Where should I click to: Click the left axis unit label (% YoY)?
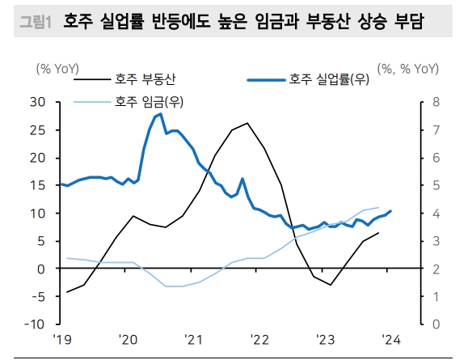pos(59,68)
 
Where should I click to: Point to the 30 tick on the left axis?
pos(37,102)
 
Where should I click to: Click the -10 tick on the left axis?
pos(35,324)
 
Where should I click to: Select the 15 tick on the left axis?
pos(37,185)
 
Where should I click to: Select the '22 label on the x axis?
pos(259,341)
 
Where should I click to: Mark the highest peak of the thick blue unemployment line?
pos(160,113)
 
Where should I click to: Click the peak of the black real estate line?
pos(247,123)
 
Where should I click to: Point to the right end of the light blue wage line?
pos(378,208)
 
